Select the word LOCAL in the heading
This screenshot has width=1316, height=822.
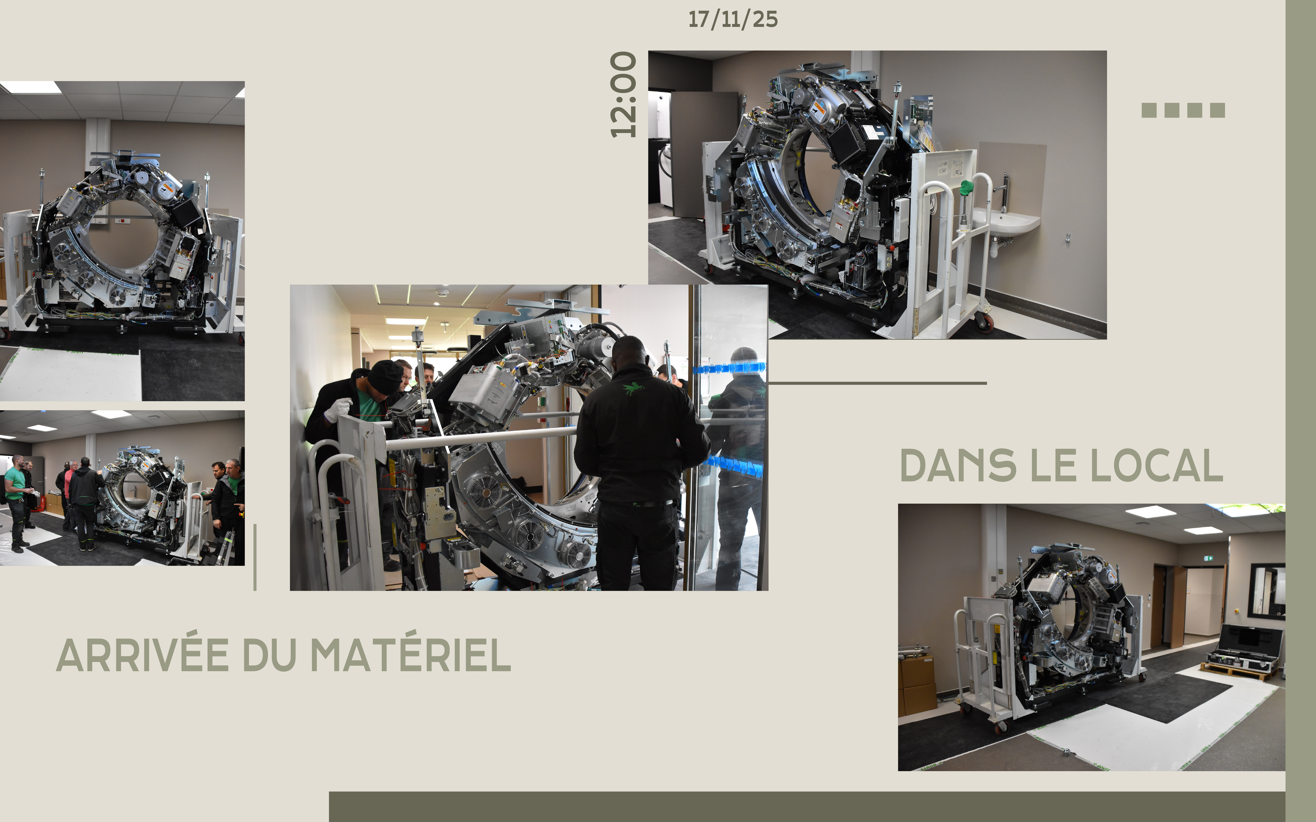click(x=1157, y=466)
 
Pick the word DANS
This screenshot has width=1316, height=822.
click(x=958, y=466)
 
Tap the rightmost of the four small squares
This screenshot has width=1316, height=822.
click(x=1218, y=110)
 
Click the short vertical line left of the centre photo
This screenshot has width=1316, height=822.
click(x=255, y=557)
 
